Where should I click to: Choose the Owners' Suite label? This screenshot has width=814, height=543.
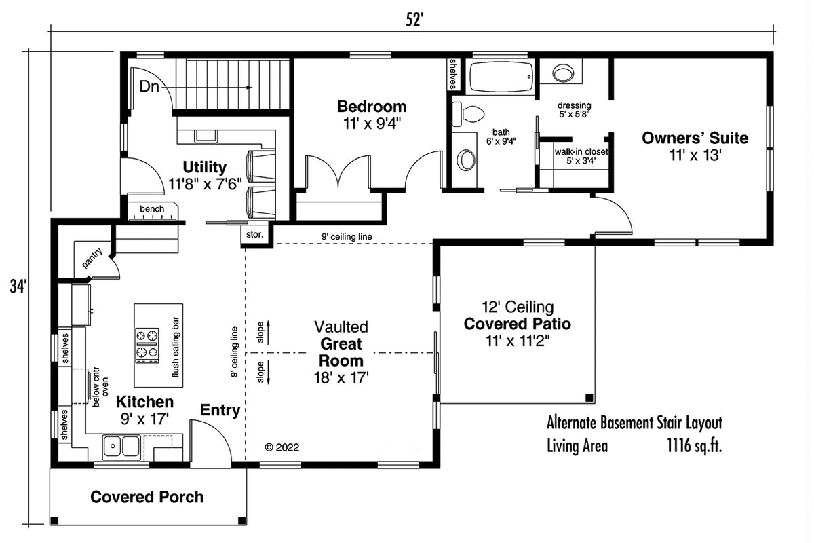pos(695,138)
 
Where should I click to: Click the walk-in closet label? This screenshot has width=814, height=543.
pos(581,152)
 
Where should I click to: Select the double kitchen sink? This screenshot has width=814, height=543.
pos(121,446)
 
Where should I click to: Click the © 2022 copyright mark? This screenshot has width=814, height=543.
pos(282,447)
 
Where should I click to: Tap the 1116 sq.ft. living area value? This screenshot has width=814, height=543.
pos(695,446)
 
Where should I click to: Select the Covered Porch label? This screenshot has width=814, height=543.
pos(147,497)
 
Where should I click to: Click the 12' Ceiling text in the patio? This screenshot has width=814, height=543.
pos(518,307)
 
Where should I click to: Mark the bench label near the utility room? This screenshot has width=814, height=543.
pos(152,209)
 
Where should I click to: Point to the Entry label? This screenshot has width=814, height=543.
pos(219,410)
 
